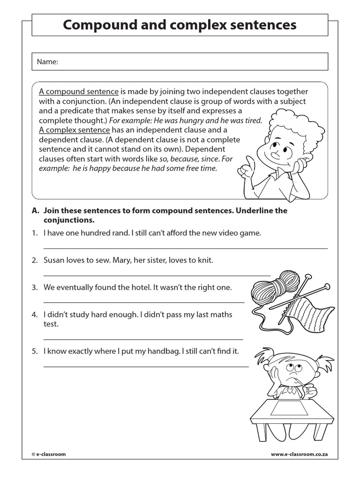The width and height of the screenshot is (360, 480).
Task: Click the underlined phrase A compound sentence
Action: tap(79, 92)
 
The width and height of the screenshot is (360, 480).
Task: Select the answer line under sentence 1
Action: tap(186, 248)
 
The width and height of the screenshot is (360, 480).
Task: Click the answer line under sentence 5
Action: tap(146, 366)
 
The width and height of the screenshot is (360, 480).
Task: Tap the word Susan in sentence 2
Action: tap(54, 260)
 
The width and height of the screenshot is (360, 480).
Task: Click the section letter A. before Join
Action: tap(36, 211)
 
